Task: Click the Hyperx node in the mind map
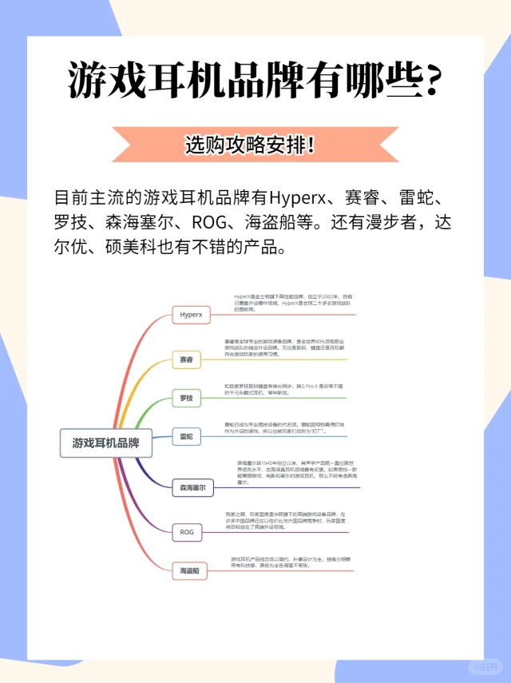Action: (191, 315)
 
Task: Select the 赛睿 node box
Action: (186, 361)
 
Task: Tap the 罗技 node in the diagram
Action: (185, 398)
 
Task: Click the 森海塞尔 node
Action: (192, 486)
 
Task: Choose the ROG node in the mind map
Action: (187, 531)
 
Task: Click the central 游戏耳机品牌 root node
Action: (105, 443)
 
